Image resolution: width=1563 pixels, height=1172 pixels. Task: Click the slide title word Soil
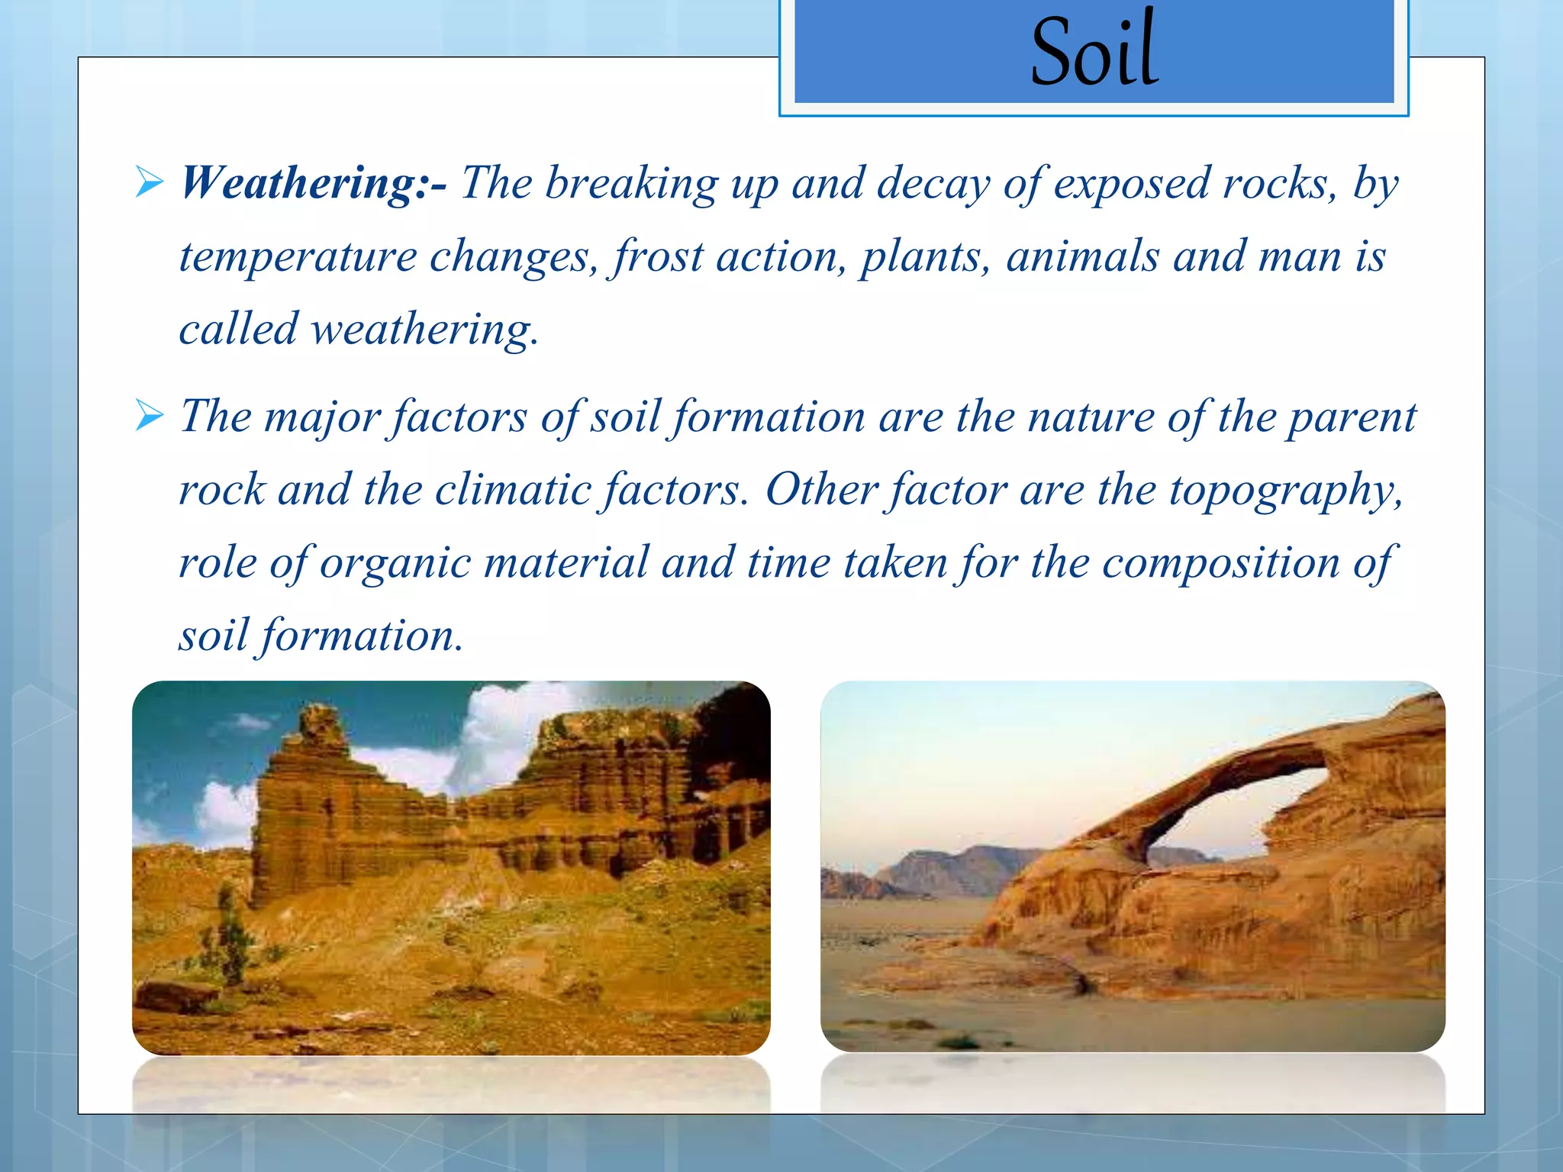[x=1094, y=52]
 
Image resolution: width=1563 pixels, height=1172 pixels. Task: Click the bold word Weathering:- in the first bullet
[x=313, y=184]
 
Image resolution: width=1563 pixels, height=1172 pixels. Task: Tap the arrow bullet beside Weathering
[x=149, y=183]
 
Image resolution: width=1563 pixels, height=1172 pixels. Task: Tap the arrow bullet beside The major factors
[x=149, y=417]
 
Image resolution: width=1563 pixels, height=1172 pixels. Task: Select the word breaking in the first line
[x=631, y=184]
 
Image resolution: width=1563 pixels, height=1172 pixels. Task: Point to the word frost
[x=658, y=256]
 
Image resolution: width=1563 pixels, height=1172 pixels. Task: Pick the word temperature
[x=298, y=256]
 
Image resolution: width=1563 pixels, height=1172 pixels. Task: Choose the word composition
[x=1220, y=564]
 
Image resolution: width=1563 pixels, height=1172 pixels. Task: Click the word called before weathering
[x=238, y=330]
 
